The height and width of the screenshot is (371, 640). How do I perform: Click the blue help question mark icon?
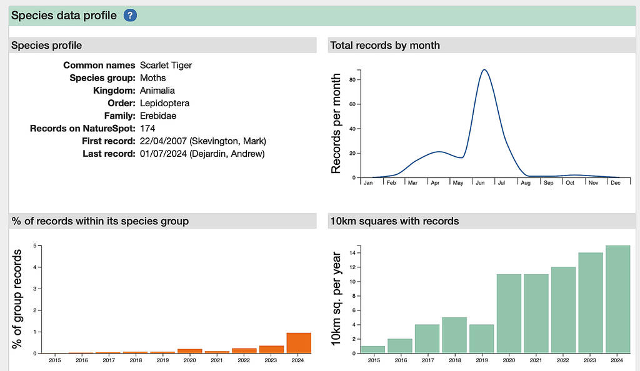[130, 16]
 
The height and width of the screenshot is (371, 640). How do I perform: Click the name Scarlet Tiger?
[166, 65]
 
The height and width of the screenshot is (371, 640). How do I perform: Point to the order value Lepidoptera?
[164, 103]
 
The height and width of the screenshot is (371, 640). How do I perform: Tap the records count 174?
[147, 128]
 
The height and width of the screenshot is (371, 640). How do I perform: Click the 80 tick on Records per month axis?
[352, 79]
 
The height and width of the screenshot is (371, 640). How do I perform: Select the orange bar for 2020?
[191, 351]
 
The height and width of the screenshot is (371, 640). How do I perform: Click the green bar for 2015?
[372, 350]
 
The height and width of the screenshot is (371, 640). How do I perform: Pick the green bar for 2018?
[454, 335]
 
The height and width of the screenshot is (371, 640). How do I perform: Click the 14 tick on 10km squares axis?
[352, 253]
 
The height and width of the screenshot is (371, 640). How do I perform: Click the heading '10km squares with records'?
[394, 221]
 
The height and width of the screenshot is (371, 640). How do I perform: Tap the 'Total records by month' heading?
[385, 45]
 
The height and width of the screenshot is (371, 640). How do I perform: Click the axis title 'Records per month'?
[336, 123]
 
